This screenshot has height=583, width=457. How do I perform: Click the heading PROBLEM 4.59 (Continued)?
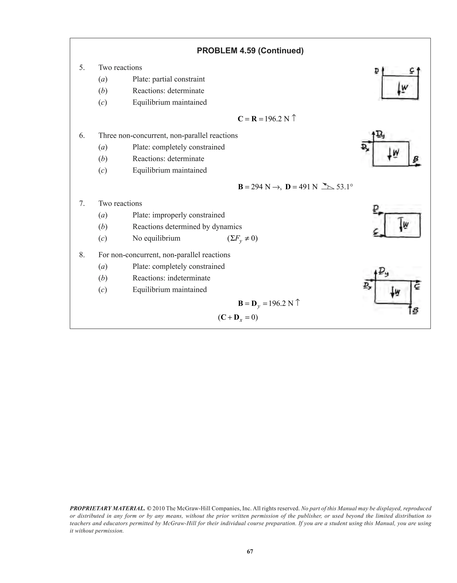point(250,51)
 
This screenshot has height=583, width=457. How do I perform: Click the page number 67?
point(250,552)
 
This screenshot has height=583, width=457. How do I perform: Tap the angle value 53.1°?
point(345,187)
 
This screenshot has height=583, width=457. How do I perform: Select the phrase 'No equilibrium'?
point(156,238)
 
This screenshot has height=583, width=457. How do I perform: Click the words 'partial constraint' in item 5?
point(179,79)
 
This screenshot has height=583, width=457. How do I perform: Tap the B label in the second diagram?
point(415,160)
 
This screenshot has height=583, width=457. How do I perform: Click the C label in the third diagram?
point(376,233)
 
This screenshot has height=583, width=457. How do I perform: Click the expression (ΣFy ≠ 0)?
point(242,238)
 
